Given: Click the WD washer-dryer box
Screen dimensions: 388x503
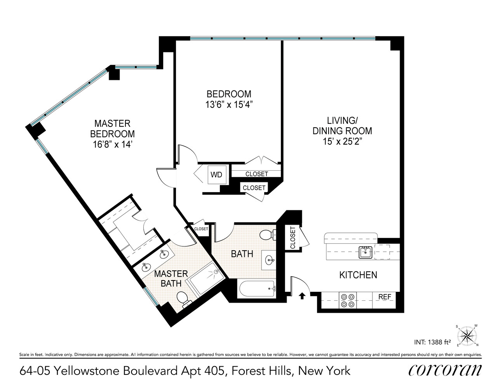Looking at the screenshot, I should pyautogui.click(x=216, y=175).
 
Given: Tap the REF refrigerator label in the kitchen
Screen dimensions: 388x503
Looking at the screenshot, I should pyautogui.click(x=385, y=297).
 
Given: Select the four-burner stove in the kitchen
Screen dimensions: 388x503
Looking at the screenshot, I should pyautogui.click(x=347, y=300).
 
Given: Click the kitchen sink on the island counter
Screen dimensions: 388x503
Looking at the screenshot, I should pyautogui.click(x=366, y=252).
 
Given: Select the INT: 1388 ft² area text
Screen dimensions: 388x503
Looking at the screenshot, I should pyautogui.click(x=430, y=342).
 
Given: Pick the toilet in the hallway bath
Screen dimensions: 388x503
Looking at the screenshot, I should pyautogui.click(x=267, y=235).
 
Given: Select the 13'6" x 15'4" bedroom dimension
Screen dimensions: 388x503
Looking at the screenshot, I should pyautogui.click(x=229, y=104).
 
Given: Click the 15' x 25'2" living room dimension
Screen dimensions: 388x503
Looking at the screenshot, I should pyautogui.click(x=342, y=141).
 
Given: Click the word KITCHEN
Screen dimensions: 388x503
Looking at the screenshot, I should pyautogui.click(x=358, y=275).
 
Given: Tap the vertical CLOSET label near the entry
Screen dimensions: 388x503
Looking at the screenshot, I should pyautogui.click(x=292, y=238).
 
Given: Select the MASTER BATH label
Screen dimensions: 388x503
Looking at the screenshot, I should pyautogui.click(x=171, y=279).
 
